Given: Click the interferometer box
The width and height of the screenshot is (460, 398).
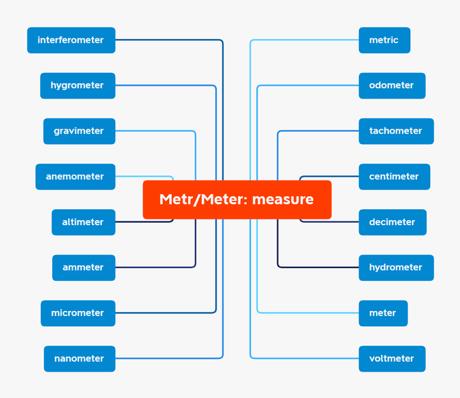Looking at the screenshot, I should pyautogui.click(x=71, y=40).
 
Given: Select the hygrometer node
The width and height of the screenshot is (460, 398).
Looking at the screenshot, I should pyautogui.click(x=77, y=86).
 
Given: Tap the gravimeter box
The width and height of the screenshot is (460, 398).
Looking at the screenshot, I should pyautogui.click(x=79, y=131).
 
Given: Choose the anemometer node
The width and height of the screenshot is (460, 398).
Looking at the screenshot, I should pyautogui.click(x=75, y=177).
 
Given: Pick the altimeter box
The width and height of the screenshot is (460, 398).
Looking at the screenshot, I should pyautogui.click(x=83, y=222).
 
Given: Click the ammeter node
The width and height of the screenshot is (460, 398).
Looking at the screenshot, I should pyautogui.click(x=83, y=267).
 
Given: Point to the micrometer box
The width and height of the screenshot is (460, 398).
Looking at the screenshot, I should pyautogui.click(x=78, y=313).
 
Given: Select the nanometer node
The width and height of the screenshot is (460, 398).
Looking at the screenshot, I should pyautogui.click(x=79, y=358).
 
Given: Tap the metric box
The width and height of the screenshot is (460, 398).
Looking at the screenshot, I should pyautogui.click(x=384, y=40).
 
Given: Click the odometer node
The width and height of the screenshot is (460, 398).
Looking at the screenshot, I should pyautogui.click(x=392, y=86).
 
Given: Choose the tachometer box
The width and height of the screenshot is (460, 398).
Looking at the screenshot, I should pyautogui.click(x=395, y=131).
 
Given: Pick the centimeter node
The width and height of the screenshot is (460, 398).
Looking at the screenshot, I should pyautogui.click(x=394, y=177).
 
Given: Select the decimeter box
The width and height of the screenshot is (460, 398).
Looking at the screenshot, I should pyautogui.click(x=392, y=222).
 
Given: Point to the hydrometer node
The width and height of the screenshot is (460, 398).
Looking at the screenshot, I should pyautogui.click(x=395, y=267).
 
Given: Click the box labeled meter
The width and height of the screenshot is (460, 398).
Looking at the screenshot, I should pyautogui.click(x=383, y=313).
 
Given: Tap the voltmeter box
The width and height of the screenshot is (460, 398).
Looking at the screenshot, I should pyautogui.click(x=392, y=358).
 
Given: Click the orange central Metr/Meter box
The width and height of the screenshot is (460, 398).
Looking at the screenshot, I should pyautogui.click(x=236, y=200).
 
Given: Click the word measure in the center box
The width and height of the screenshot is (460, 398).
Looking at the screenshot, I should pyautogui.click(x=282, y=200).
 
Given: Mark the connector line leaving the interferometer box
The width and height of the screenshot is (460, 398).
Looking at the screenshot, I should pyautogui.click(x=169, y=40).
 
